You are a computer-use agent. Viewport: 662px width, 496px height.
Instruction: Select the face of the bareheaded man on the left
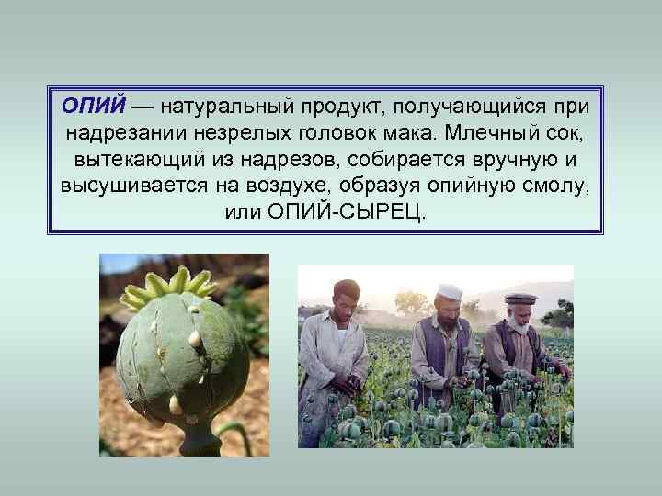pos(348,299)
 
